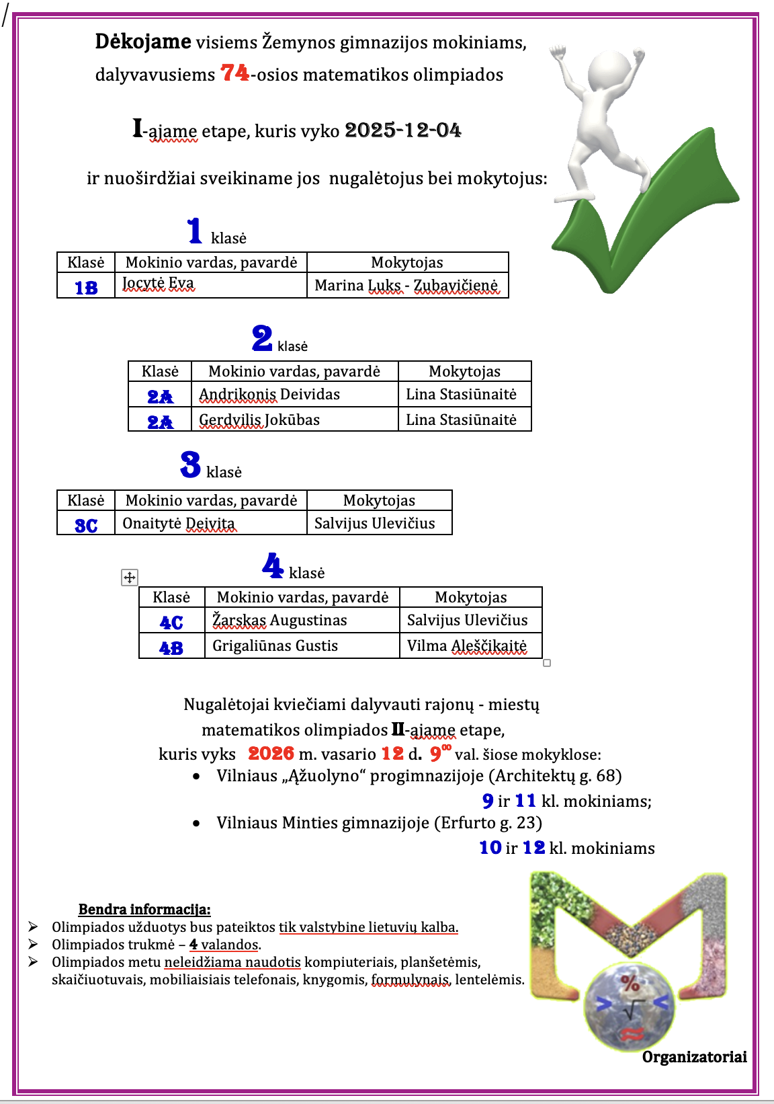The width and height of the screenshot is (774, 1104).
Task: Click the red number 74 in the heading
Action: click(234, 73)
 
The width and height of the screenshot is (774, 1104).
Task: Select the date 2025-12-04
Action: click(403, 130)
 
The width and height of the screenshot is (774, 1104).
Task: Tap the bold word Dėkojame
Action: click(143, 42)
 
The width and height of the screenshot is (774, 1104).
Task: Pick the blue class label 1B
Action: click(86, 288)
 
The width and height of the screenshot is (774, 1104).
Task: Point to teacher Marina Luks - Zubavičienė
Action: click(406, 286)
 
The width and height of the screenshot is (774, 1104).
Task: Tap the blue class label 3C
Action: click(86, 525)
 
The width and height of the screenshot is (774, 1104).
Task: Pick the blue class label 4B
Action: click(171, 648)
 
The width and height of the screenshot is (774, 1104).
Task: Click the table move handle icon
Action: click(130, 577)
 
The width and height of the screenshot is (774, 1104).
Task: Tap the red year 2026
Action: click(271, 754)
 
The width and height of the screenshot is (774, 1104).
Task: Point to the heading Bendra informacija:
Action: click(144, 910)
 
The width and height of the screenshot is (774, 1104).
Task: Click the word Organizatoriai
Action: click(694, 1057)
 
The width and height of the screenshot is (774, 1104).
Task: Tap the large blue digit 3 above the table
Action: click(190, 464)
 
